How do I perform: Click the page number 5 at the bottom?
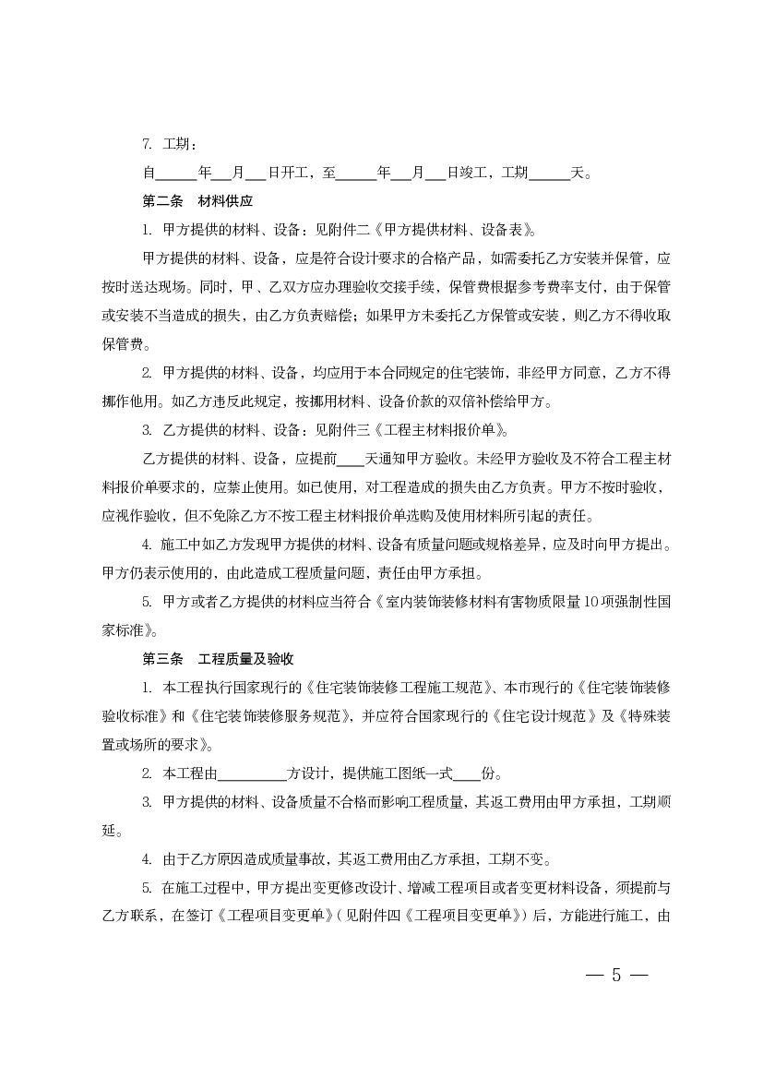click(616, 977)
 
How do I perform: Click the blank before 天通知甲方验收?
click(351, 459)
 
